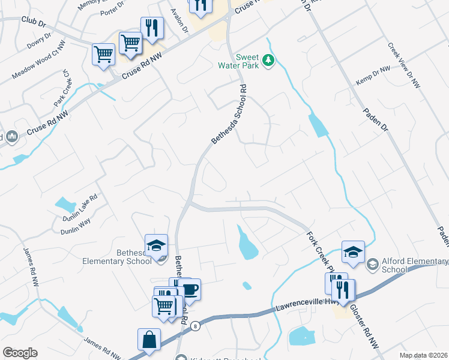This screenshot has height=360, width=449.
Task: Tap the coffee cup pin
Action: pos(189,290)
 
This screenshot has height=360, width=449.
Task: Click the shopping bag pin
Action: pos(149,340)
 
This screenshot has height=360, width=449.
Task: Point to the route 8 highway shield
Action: pos(195,326)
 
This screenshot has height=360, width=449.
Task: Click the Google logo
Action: pos(20,353)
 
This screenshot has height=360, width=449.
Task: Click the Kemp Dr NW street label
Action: pos(373,76)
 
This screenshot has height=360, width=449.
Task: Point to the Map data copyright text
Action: pos(424,355)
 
